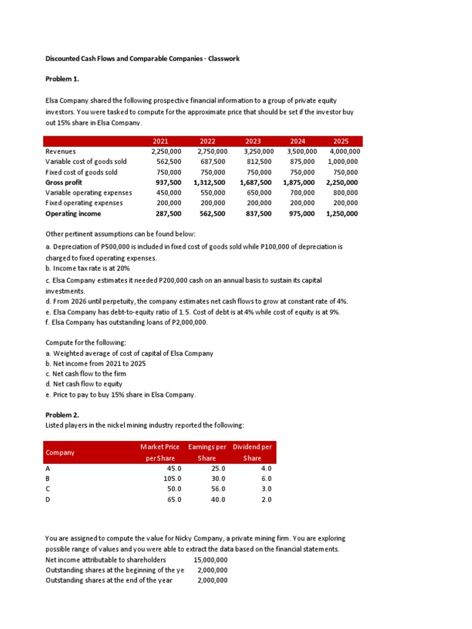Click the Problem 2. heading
63,415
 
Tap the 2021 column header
160,141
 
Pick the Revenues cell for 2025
345,152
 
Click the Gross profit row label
64,182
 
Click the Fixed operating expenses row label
84,203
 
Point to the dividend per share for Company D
265,499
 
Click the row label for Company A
49,468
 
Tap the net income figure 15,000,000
210,560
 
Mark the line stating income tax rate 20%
88,268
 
